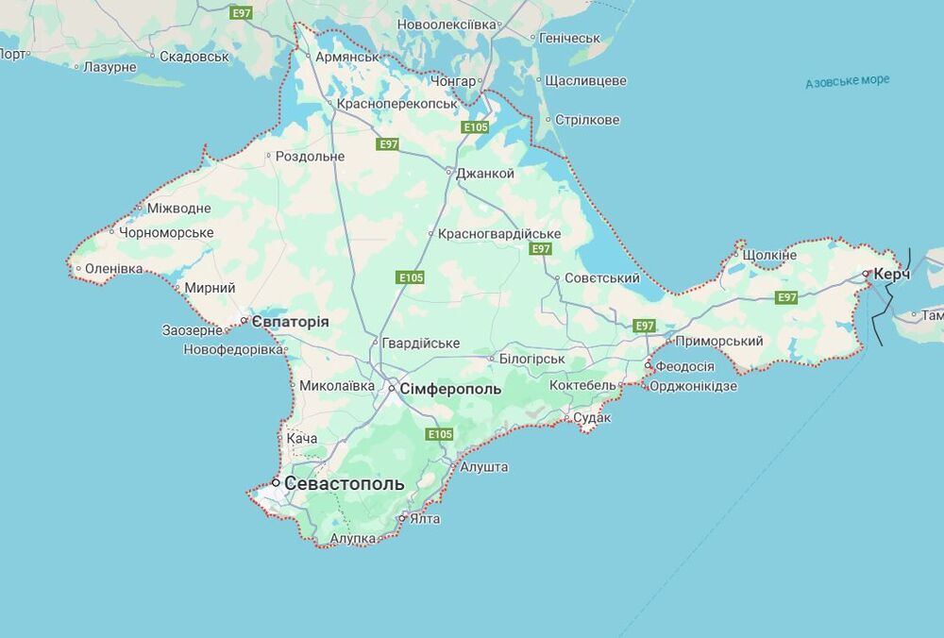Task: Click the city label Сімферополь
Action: (x=451, y=389)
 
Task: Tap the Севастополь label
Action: (x=345, y=483)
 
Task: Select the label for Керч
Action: (x=892, y=274)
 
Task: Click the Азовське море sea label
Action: (x=847, y=82)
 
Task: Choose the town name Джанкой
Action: (x=485, y=174)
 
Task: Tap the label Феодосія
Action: (x=685, y=366)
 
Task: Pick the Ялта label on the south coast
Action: (x=425, y=518)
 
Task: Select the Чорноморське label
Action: (x=166, y=232)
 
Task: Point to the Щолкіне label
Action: (x=770, y=256)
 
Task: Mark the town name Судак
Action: (x=593, y=417)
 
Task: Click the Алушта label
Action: (x=484, y=467)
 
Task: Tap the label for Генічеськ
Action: (x=569, y=38)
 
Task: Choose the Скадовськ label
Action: (x=194, y=57)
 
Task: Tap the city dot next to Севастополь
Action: (x=276, y=482)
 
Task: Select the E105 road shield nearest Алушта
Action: (x=439, y=434)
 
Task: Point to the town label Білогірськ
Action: (x=531, y=359)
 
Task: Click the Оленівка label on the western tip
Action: (x=114, y=269)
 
